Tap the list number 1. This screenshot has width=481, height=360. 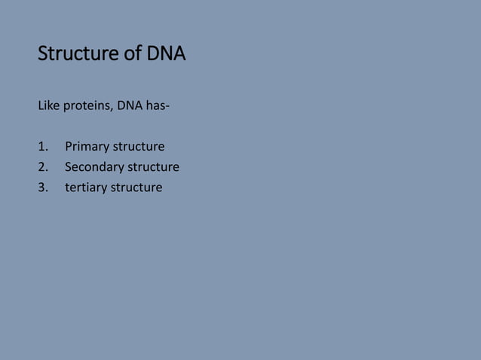(x=41, y=146)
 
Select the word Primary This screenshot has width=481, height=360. (x=87, y=147)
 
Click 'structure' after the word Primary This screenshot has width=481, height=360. (x=139, y=146)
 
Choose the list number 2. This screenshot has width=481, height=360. (x=41, y=166)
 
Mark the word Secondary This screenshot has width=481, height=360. (x=94, y=167)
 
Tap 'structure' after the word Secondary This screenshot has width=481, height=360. (x=153, y=166)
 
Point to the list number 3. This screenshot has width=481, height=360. (x=41, y=187)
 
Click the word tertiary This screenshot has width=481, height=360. (x=86, y=188)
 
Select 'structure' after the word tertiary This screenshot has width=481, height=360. (x=136, y=187)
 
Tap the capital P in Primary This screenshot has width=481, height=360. (x=69, y=146)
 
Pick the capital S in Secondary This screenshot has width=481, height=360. (x=69, y=166)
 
